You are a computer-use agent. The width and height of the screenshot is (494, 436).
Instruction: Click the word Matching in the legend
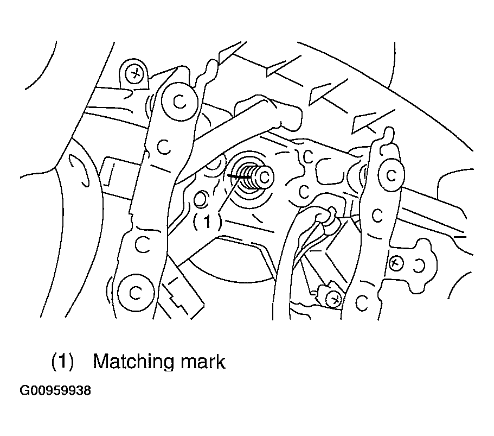point(133,362)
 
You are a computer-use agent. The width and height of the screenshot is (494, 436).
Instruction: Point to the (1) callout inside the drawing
point(207,222)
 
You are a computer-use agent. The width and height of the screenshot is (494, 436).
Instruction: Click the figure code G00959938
point(55,391)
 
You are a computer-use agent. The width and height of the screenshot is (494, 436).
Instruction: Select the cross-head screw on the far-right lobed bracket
point(396,262)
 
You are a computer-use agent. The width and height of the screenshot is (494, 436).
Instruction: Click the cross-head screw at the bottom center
point(333,299)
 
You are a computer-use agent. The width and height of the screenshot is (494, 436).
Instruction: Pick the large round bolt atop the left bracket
point(179,101)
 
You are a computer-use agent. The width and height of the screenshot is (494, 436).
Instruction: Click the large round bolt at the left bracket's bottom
point(136,293)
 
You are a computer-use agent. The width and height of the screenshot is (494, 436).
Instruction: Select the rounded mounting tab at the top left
point(135,74)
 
